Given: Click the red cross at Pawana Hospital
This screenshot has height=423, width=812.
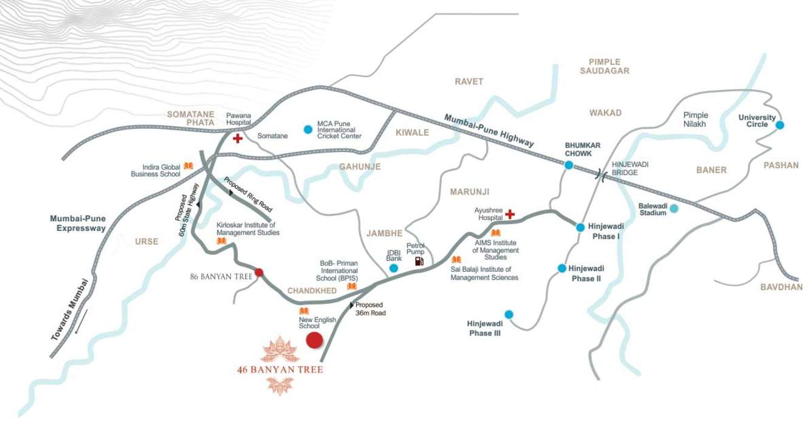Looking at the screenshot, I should tap(237, 139).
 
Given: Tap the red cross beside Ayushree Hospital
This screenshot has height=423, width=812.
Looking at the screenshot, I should tap(510, 214).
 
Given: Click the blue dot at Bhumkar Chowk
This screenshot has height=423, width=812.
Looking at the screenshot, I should tap(568, 165).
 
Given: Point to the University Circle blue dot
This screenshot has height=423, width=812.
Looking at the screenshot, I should tap(780, 125).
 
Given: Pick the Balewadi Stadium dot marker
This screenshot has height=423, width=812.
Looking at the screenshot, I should tap(673, 208).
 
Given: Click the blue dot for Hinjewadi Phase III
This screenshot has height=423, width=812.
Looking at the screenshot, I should tap(509, 314).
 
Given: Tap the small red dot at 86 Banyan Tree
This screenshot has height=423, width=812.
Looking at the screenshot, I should tap(258, 272).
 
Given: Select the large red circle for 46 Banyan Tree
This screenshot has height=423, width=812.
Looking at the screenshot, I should tap(314, 340).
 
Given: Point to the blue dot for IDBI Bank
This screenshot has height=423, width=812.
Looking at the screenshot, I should tap(394, 268).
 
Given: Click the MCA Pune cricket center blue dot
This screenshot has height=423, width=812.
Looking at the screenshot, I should tap(308, 129).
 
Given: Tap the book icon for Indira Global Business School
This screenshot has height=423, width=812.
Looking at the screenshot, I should tap(188, 166).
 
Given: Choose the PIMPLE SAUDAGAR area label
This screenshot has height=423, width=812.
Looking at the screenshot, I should tap(604, 66).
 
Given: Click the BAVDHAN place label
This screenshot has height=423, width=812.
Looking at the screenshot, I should tap(781, 287).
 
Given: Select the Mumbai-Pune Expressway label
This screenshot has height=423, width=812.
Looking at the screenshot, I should tap(78, 223).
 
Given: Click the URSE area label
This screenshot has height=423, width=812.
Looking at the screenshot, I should tap(146, 241).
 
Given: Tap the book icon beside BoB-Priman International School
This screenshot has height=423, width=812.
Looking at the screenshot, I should tap(351, 286).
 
